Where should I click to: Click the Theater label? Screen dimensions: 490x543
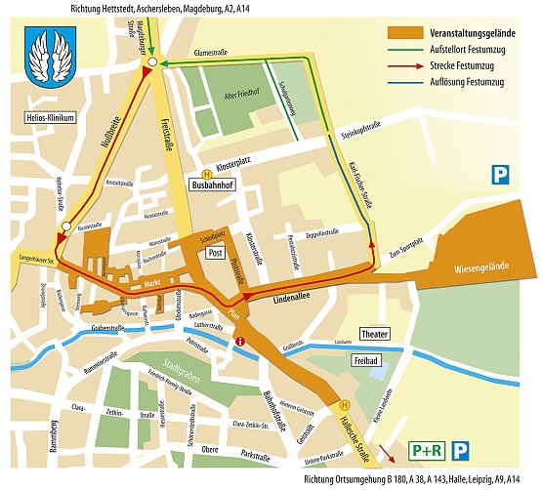374,334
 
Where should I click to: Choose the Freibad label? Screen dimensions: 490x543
365,360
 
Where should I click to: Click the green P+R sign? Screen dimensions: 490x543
426,451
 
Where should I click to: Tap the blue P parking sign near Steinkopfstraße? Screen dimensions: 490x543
500,175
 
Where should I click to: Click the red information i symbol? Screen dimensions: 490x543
240,341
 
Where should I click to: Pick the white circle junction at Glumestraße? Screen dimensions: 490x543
153,62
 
